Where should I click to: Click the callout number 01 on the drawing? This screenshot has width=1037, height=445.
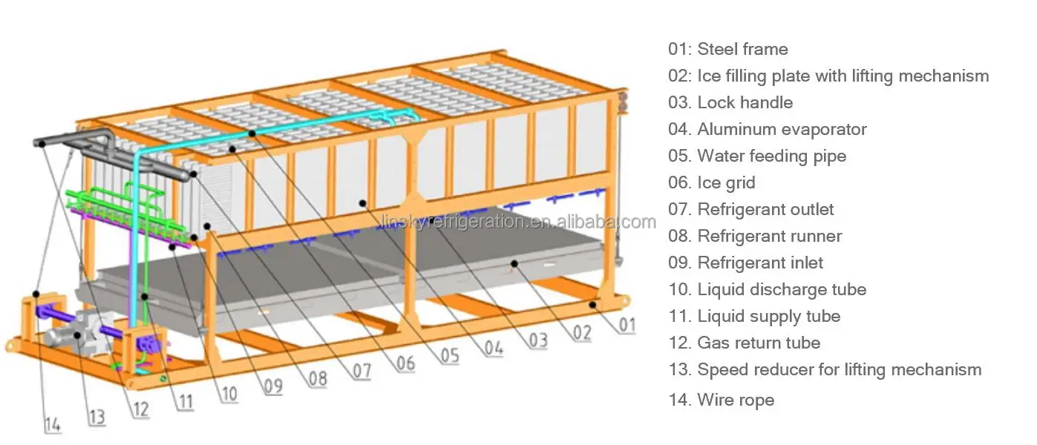pos(627,324)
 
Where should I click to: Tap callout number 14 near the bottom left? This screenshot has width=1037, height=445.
pos(52,425)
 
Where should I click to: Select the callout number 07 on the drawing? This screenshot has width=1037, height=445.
pos(362,370)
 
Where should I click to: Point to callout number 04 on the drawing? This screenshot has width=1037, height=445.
pos(493,346)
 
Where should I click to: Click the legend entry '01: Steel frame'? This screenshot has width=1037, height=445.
pos(727,50)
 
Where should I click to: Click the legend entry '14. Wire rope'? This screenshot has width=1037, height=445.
pos(721,400)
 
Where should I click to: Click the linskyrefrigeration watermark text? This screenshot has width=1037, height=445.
pos(517,221)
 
